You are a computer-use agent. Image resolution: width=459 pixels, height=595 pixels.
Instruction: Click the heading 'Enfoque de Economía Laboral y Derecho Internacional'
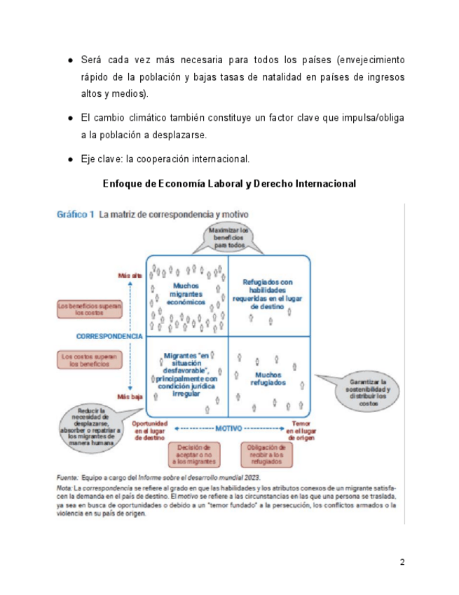point(229,184)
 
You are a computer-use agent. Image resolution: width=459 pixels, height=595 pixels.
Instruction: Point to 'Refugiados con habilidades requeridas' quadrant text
point(268,293)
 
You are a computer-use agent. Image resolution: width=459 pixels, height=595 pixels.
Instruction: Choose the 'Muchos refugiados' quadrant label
point(268,379)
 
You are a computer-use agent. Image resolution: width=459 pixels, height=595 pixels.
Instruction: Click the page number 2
point(402,562)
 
